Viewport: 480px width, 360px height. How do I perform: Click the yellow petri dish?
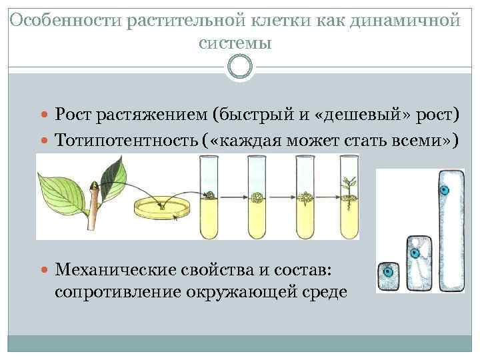click(162, 208)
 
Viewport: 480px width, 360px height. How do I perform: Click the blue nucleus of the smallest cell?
click(387, 272)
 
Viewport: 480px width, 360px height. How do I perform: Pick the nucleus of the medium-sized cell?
click(415, 253)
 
